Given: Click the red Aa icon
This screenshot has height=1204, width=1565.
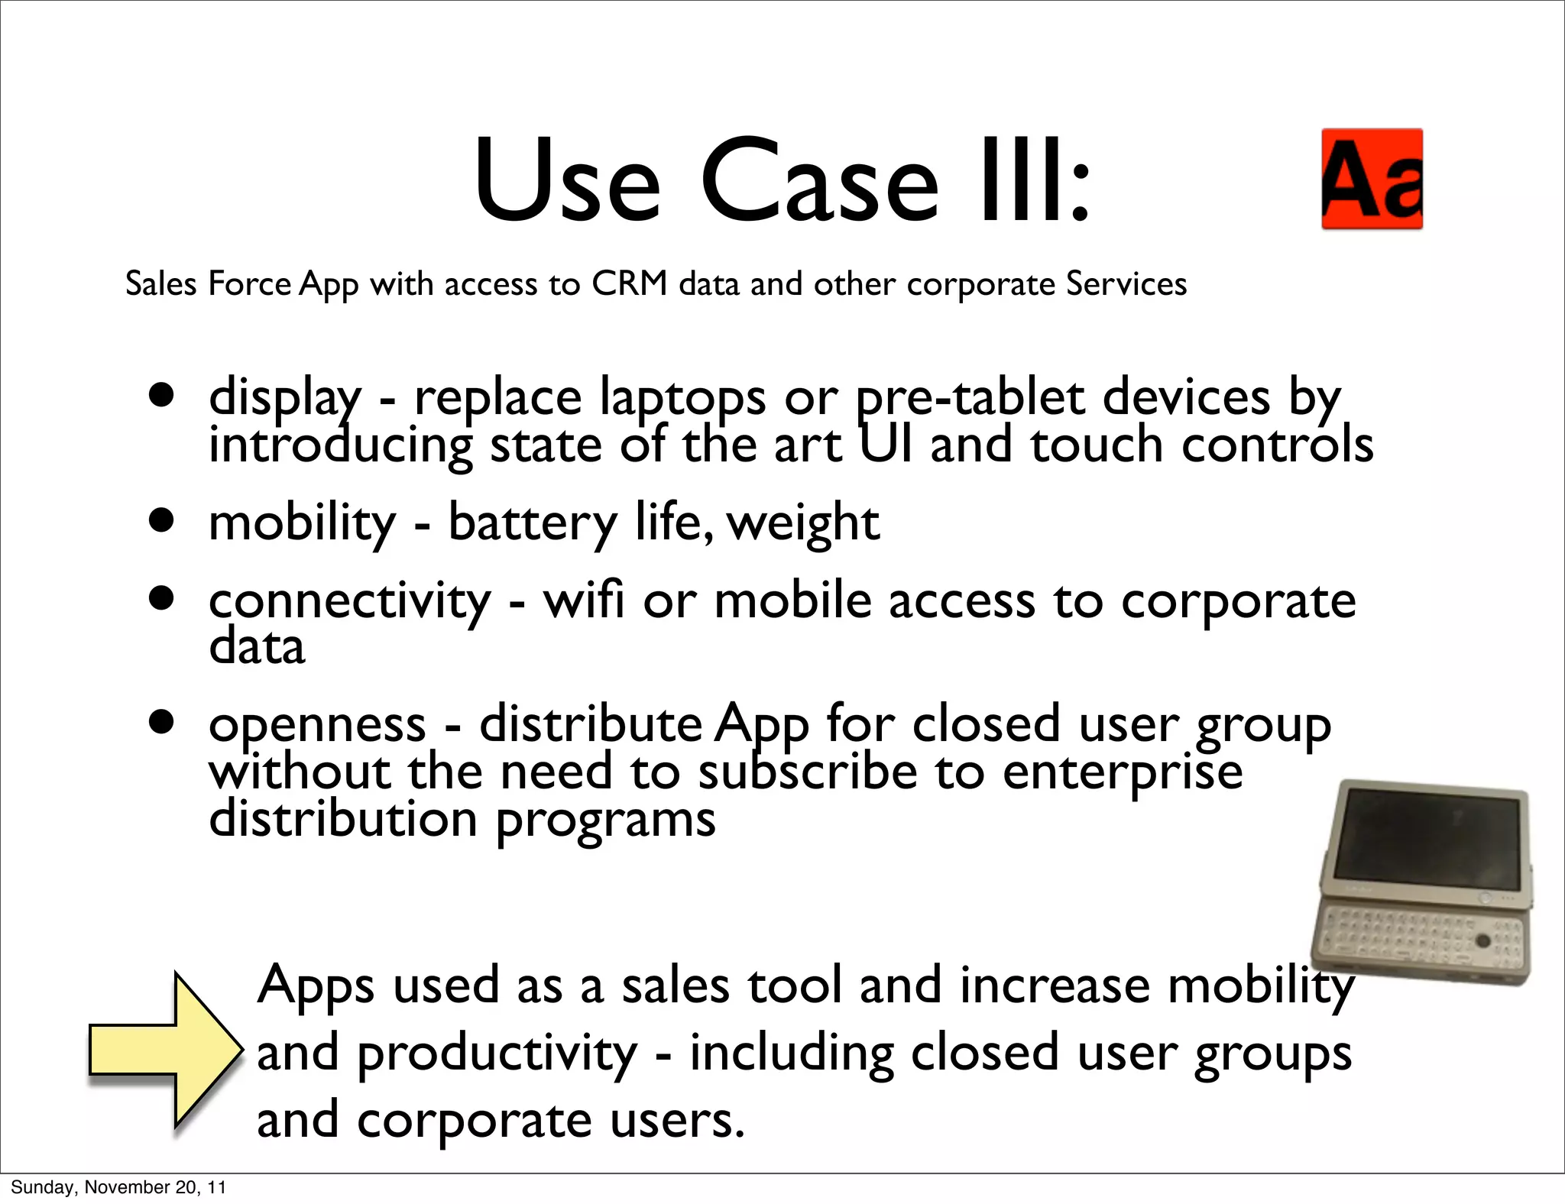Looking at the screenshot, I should click(x=1372, y=179).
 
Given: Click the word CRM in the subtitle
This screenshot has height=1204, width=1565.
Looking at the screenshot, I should click(x=630, y=284).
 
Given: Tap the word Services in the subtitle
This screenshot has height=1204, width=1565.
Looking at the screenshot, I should click(x=1126, y=284).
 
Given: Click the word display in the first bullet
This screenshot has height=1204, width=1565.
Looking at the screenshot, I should click(x=285, y=399).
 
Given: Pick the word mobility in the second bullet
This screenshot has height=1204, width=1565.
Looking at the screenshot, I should click(x=302, y=524).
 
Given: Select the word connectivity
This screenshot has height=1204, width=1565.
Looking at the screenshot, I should click(x=349, y=602).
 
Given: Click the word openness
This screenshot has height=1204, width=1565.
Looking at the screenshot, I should click(x=317, y=725).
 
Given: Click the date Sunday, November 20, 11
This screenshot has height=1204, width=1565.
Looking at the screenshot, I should click(x=118, y=1187).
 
